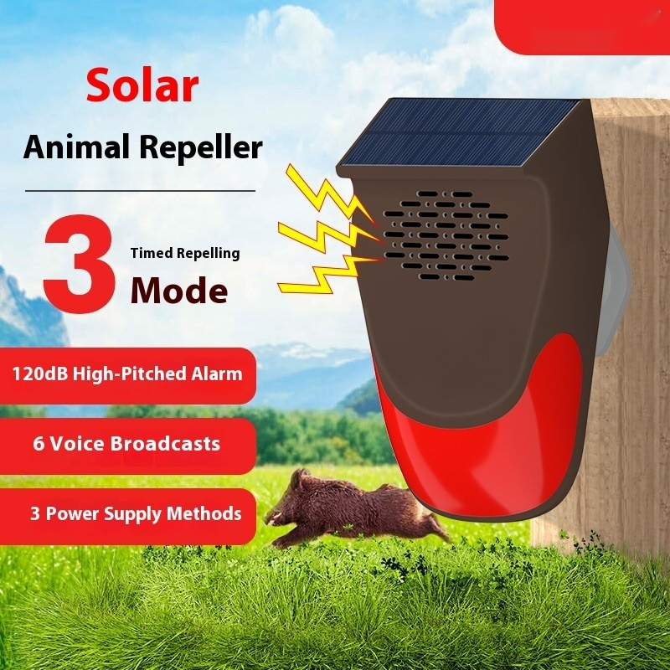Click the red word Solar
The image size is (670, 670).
(142, 86)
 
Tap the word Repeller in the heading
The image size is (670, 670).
(200, 148)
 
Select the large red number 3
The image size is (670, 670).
(79, 265)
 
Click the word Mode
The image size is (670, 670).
(178, 291)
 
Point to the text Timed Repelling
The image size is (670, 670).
(184, 253)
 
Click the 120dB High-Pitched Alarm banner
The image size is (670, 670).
(127, 374)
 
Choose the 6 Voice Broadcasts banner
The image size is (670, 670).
(126, 444)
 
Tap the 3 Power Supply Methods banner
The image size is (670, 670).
(127, 513)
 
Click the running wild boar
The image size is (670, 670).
(356, 508)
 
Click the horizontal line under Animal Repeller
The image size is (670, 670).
(140, 190)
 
